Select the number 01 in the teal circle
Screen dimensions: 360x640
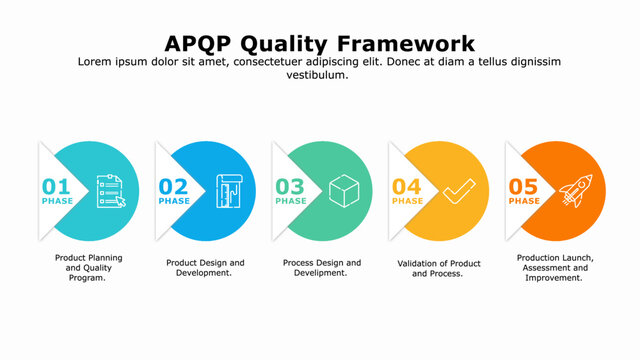(x=56, y=186)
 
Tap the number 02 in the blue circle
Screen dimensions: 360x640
(x=173, y=186)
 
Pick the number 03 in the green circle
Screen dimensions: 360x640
(x=290, y=186)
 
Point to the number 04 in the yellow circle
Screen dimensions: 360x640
(x=407, y=186)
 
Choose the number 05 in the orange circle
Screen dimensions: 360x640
(x=524, y=186)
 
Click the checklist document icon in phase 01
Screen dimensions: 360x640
(x=111, y=191)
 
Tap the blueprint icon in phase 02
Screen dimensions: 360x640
(x=228, y=191)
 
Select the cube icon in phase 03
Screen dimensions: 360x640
(x=343, y=190)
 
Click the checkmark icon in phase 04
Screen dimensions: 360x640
(x=460, y=190)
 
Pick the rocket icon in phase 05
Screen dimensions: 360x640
(x=576, y=190)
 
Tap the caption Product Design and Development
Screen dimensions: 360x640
(x=205, y=268)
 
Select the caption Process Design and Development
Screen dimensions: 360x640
(x=321, y=268)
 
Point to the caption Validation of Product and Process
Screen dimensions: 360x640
(x=438, y=268)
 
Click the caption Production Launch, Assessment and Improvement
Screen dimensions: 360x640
(x=553, y=268)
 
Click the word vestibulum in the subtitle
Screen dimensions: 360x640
(x=319, y=75)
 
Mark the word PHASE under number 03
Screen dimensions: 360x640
(x=291, y=201)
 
